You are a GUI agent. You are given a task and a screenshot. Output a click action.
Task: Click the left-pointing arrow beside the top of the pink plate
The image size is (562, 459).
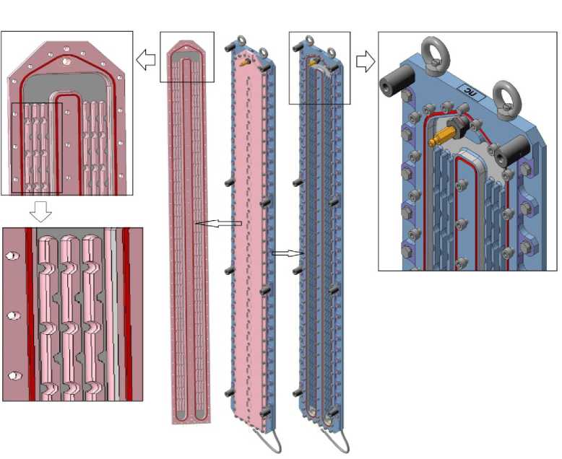point(146,61)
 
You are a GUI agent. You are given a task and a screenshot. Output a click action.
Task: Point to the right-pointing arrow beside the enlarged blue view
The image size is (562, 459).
point(366,61)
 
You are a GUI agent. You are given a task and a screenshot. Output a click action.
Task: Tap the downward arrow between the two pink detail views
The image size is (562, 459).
point(42,211)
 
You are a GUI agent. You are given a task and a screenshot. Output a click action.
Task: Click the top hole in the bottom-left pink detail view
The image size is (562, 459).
point(12,256)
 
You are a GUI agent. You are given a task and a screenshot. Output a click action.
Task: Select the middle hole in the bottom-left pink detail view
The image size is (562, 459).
point(12,316)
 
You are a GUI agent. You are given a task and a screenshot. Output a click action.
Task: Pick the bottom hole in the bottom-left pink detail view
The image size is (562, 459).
point(12,375)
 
